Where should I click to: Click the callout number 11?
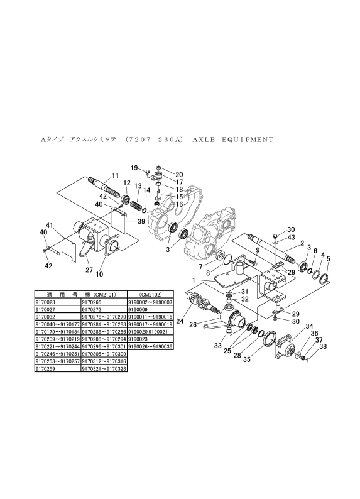(115, 176)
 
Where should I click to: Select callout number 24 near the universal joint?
(180, 321)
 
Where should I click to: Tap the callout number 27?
(89, 270)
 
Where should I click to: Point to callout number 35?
(247, 360)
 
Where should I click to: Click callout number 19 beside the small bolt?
(134, 168)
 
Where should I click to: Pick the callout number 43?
(292, 238)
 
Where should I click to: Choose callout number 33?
(217, 346)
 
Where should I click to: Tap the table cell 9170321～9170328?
(104, 369)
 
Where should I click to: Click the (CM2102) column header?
(150, 295)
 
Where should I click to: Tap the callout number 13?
(138, 185)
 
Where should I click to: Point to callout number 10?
(99, 274)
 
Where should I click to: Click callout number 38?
(324, 346)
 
